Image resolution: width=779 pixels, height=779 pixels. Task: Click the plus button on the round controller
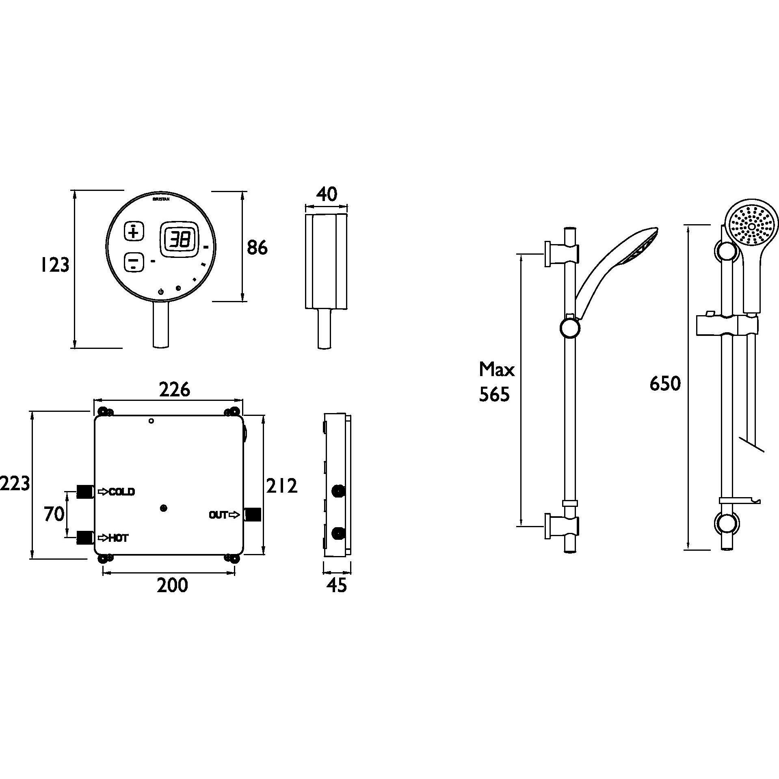click(x=134, y=231)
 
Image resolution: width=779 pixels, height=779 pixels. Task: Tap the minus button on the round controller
click(x=134, y=262)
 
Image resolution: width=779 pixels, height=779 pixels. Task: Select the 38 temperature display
click(x=179, y=240)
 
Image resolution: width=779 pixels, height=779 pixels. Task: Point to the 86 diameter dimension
click(x=258, y=247)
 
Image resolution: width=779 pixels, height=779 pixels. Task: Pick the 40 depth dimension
click(x=327, y=195)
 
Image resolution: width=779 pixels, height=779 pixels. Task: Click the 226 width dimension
click(x=174, y=389)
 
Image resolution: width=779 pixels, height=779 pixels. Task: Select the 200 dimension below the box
click(x=173, y=585)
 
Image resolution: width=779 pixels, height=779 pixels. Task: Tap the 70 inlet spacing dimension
click(x=54, y=514)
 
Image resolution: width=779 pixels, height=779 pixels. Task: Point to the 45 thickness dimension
click(x=337, y=585)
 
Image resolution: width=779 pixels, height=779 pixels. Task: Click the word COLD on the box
click(x=121, y=492)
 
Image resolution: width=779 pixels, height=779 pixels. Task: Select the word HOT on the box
click(x=118, y=538)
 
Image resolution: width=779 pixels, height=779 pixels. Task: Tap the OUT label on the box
click(x=219, y=515)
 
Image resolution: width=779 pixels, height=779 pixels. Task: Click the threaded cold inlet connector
click(x=85, y=491)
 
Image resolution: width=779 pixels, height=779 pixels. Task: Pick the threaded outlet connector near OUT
click(x=253, y=515)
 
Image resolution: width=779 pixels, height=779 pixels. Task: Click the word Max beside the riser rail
click(x=496, y=370)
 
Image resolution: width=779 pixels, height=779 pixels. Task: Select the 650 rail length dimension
click(x=665, y=383)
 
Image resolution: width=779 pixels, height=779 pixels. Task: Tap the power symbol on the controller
click(x=161, y=291)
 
